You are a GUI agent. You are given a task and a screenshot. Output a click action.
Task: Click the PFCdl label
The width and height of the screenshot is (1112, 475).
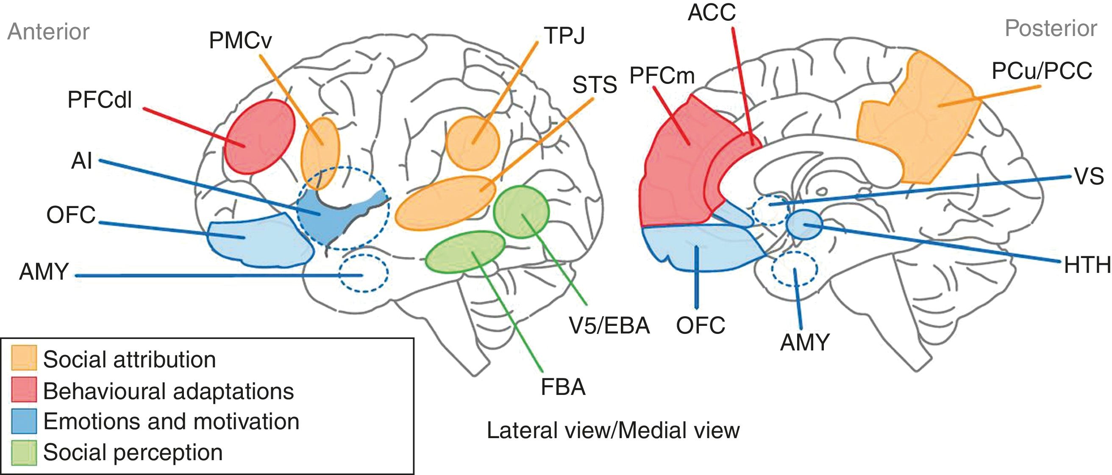tap(100, 100)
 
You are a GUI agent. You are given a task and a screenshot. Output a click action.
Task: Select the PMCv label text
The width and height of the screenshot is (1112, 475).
tap(240, 41)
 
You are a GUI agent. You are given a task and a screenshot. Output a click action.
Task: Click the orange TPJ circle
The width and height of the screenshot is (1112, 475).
tap(472, 142)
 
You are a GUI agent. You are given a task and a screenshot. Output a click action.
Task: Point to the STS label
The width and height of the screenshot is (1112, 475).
tap(595, 85)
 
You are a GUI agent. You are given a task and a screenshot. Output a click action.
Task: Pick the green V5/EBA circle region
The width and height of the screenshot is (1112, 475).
tap(521, 212)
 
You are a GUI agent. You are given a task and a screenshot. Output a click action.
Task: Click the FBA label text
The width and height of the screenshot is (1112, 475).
tap(563, 387)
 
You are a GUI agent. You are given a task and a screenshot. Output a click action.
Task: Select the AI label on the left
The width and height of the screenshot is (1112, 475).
tap(82, 161)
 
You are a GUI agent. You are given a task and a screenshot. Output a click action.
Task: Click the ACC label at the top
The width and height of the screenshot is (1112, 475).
tap(712, 12)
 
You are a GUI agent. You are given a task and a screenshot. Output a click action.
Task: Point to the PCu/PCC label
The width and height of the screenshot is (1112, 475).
tap(1041, 71)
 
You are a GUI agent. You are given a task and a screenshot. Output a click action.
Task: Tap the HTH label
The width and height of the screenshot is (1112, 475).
tap(1087, 265)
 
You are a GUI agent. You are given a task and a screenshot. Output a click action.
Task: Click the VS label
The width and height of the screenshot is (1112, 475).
tap(1088, 177)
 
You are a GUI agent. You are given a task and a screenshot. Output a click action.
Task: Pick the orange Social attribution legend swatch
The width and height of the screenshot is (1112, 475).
tap(24, 358)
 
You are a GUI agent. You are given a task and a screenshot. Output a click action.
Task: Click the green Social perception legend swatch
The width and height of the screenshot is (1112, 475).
tap(24, 452)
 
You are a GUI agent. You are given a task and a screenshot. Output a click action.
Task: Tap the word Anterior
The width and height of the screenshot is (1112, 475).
tap(48, 32)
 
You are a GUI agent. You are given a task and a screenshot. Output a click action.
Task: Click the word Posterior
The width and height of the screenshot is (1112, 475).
tap(1050, 28)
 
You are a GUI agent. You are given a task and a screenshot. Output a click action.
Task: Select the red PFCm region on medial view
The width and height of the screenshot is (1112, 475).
tap(673, 173)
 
